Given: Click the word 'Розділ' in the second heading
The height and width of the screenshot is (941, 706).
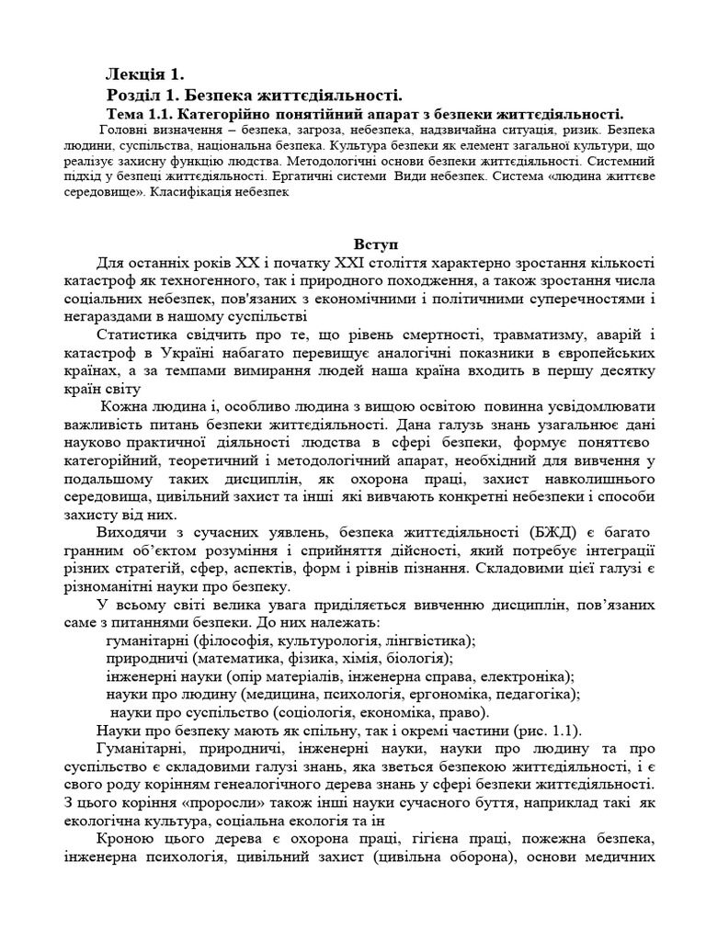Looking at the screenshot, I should point(137,96).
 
